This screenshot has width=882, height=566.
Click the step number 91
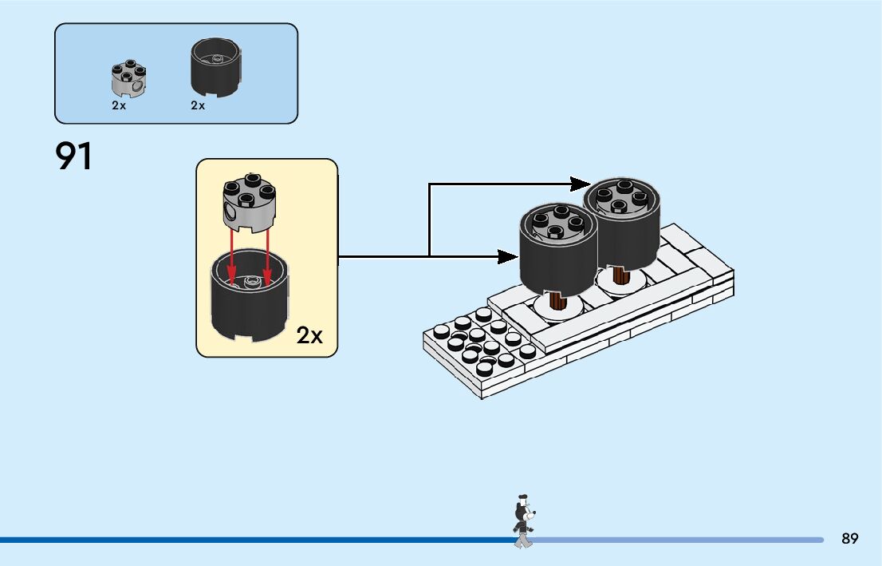click(73, 156)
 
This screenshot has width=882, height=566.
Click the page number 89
click(850, 538)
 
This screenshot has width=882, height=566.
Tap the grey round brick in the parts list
click(129, 77)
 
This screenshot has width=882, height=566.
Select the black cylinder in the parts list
click(215, 67)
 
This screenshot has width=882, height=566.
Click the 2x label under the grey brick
click(119, 105)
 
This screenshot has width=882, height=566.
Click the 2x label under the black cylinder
click(198, 105)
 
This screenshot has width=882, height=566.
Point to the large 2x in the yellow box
click(309, 335)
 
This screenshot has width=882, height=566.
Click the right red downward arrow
click(267, 255)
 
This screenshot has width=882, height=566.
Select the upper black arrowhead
click(581, 184)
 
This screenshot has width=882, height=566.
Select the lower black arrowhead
click(509, 257)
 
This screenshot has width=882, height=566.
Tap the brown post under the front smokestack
click(557, 300)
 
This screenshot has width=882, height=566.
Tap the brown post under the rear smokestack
click(621, 275)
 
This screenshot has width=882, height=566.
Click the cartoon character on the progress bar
click(523, 521)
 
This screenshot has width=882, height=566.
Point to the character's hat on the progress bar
click(523, 498)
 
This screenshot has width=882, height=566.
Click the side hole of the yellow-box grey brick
click(230, 212)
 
